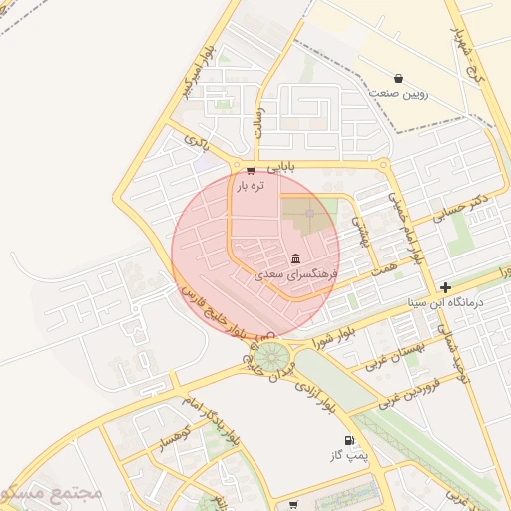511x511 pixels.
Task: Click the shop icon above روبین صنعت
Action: point(398,78)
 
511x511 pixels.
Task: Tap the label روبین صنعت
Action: point(398,93)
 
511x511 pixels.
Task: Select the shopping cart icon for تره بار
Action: point(250,171)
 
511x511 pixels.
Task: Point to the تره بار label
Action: point(250,186)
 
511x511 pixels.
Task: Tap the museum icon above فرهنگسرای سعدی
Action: point(295,258)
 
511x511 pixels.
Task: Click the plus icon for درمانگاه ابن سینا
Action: point(445,287)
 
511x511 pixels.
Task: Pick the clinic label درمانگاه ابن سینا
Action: point(445,301)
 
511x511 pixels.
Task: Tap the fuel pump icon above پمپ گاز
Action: point(349,440)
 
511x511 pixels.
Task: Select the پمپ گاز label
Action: point(349,455)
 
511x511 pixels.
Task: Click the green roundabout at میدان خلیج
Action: point(268,354)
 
